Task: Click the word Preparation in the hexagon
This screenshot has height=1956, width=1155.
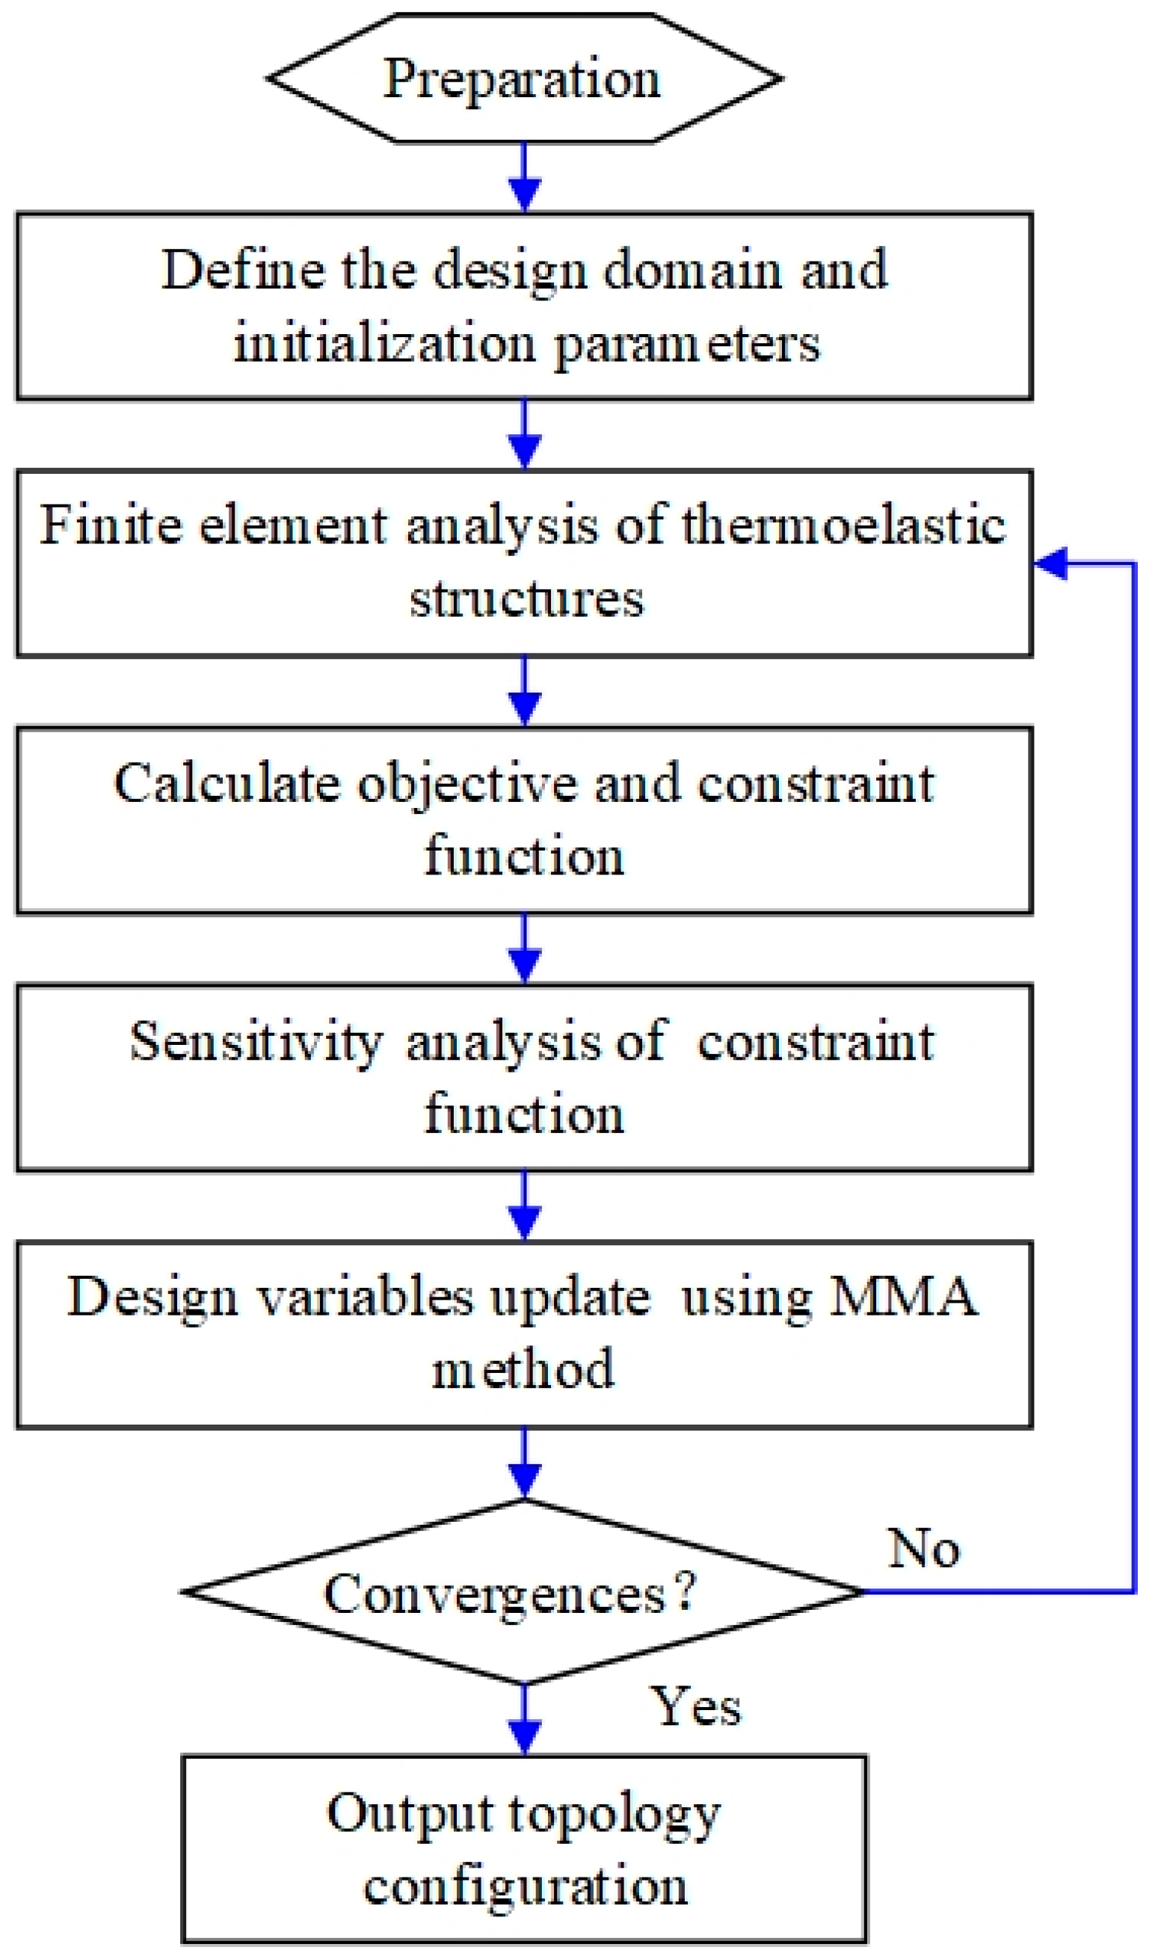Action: coord(522,79)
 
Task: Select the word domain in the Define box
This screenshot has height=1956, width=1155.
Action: coord(692,270)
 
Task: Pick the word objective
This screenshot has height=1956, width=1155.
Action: coord(468,784)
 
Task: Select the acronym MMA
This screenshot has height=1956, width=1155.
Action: coord(903,1297)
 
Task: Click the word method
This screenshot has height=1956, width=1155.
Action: coord(523,1371)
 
